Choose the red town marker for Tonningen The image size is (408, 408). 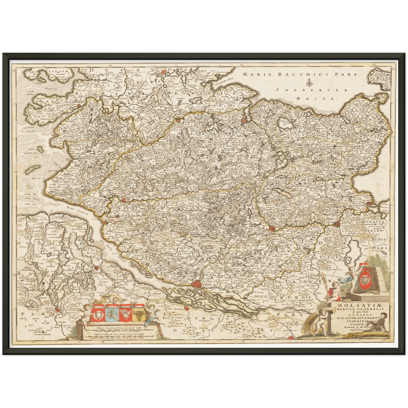[79, 106]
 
